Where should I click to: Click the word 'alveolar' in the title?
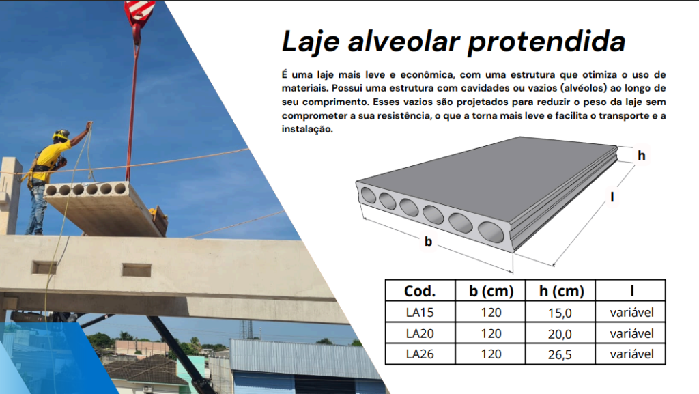coord(403,42)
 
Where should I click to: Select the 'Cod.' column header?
coord(420,291)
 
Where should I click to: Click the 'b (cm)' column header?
coord(491,291)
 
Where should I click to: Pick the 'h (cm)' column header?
coord(561,291)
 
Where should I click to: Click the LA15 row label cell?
coord(420,312)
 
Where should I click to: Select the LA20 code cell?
coord(420,333)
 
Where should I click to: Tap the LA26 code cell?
coord(420,354)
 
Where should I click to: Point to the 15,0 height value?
coord(560,313)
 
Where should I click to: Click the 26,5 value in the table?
coord(560,355)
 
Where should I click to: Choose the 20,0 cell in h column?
coord(560,334)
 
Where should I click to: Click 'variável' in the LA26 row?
coord(631,354)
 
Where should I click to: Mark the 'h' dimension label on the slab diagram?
coord(642,155)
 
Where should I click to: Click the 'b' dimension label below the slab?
coord(429,241)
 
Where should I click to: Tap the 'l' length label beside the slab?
coord(612,197)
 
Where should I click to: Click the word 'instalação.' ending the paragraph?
coord(307,129)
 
